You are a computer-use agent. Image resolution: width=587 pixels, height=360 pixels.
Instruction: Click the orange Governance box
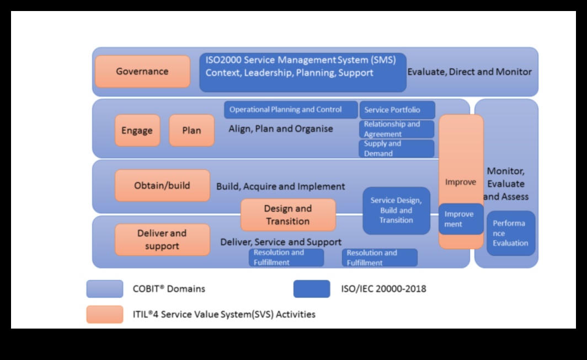coord(142,72)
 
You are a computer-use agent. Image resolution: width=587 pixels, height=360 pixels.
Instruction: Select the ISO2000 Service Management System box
coord(302,72)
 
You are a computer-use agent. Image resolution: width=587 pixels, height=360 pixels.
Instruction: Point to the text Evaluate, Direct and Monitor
coord(469,72)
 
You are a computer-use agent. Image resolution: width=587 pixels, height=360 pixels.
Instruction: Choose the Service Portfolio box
coord(397,110)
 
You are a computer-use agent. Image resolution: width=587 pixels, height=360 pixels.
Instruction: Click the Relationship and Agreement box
coord(397,129)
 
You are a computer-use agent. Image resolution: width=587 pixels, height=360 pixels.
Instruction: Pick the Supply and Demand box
coord(397,148)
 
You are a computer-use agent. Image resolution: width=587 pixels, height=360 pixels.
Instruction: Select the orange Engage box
coord(137,131)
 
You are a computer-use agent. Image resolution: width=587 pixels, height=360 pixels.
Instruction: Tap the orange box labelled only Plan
coord(191,131)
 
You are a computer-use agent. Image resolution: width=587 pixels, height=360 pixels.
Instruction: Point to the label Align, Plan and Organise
coord(281,129)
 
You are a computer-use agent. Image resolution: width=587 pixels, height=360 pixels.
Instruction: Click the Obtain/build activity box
coord(162,186)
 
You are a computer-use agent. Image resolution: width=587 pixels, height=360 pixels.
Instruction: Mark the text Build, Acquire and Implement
coord(281,186)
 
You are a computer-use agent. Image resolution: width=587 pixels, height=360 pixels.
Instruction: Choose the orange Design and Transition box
coord(288,215)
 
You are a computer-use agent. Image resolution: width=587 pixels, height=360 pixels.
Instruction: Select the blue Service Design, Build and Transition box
coord(396,211)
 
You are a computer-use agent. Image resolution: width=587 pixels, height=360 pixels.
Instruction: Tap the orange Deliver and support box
coord(162,240)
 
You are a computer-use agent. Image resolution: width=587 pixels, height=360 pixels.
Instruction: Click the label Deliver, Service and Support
coord(281,242)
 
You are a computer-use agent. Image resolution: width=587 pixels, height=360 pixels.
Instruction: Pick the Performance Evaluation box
coord(510,233)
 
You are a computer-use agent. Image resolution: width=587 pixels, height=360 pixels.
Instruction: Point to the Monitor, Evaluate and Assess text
coord(506,184)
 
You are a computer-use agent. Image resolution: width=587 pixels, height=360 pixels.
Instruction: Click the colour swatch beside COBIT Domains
coord(105,289)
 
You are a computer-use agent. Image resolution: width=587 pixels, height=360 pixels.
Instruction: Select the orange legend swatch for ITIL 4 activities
coord(105,314)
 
